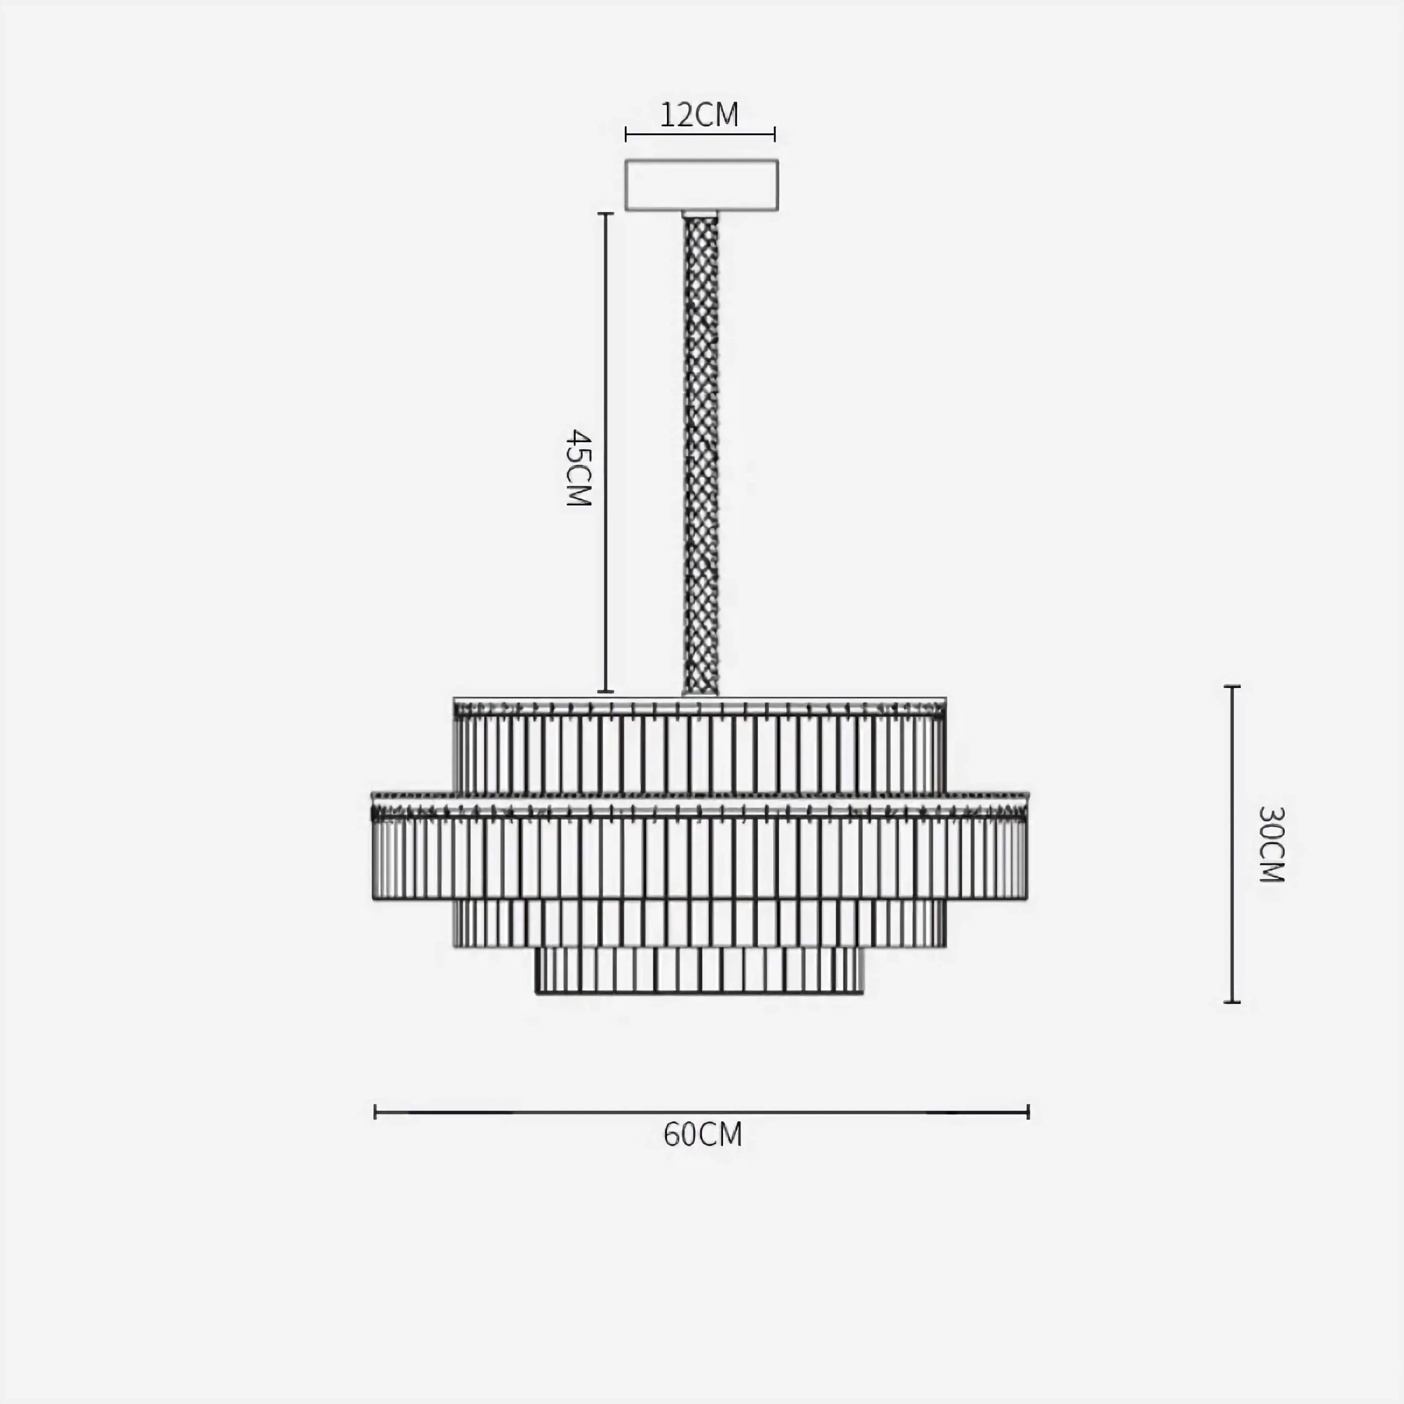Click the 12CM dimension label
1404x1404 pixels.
tap(699, 115)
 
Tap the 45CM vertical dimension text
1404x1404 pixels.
tap(579, 467)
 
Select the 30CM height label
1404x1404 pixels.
tap(1271, 844)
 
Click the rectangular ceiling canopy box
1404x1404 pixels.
tap(701, 185)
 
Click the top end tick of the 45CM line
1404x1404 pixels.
tap(605, 214)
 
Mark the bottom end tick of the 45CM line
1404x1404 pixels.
tap(605, 692)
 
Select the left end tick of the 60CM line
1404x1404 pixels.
tap(375, 1112)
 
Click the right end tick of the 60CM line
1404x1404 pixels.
tap(1028, 1112)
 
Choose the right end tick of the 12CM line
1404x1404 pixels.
tap(775, 134)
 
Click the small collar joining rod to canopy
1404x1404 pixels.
tap(700, 214)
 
